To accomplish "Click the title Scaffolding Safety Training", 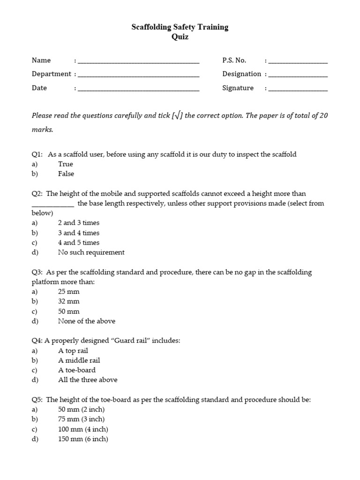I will pos(180,27).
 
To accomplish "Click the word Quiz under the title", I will pos(180,37).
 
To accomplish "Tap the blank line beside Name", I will pos(138,61).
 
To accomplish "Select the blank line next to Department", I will pos(138,75).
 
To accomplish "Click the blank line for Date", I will pos(138,89).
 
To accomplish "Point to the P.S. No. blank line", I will pos(298,61).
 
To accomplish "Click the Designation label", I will pos(241,74).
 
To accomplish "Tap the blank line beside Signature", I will pos(298,89).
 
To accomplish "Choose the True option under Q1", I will pos(66,164).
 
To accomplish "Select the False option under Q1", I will pos(66,174).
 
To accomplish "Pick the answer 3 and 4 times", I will pos(79,233).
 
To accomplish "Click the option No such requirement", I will pos(91,252).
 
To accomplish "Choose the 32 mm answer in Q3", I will pos(69,301).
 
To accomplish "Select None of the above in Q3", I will pos(87,321).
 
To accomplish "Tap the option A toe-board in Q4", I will pos(77,370).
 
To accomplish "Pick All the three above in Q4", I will pos(88,380).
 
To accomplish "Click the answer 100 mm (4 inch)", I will pos(83,429).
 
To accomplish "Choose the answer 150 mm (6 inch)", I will pos(83,439).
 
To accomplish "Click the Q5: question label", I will pos(37,400).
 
